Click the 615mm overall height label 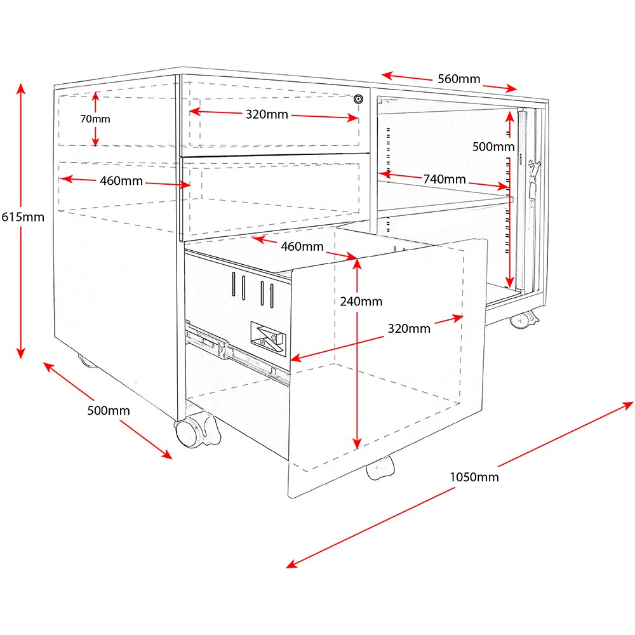tap(22, 217)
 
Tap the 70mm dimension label tap(95, 119)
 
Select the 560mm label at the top tap(458, 79)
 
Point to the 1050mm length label tap(474, 477)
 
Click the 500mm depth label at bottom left tap(108, 411)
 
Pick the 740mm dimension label tap(444, 179)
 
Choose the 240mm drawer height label tap(361, 301)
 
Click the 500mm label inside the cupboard tap(493, 147)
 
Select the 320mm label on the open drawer tap(410, 328)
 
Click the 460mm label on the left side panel tap(121, 181)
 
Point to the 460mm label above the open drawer tap(302, 246)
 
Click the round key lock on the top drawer tap(359, 99)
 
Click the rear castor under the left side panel tap(88, 361)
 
